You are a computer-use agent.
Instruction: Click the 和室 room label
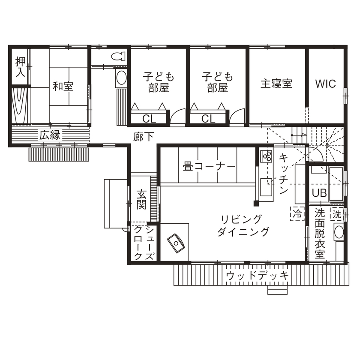pos(63,86)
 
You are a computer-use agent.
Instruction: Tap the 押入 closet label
pos(20,67)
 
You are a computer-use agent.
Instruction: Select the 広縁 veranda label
pos(50,135)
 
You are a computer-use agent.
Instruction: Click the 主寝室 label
pos(276,83)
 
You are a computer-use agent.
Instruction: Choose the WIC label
pos(325,83)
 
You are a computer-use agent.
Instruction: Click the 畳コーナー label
pos(209,166)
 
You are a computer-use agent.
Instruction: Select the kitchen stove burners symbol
pos(266,156)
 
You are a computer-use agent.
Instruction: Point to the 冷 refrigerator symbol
pos(297,212)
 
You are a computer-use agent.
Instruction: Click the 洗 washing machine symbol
pos(336,213)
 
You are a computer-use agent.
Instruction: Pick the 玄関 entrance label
pos(142,199)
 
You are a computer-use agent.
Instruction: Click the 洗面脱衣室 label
pos(319,234)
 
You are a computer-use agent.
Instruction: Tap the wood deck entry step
pos(276,290)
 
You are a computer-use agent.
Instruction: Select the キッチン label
pos(283,176)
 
